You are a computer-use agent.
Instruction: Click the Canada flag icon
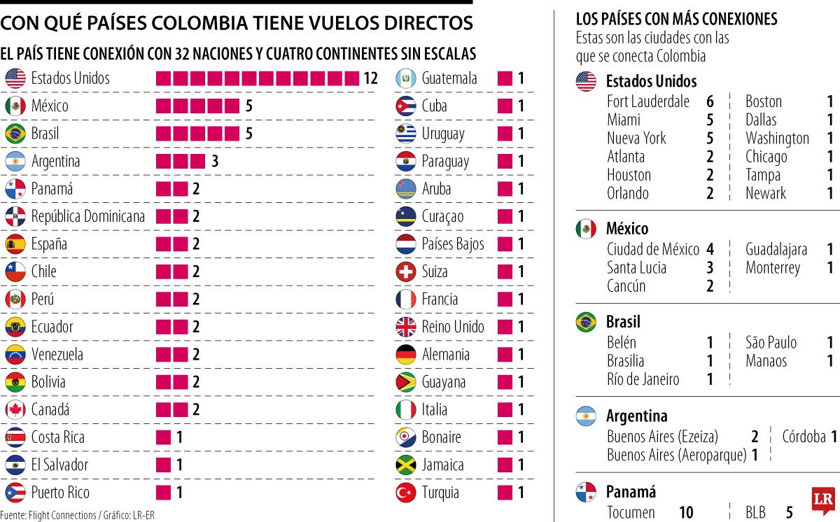15,409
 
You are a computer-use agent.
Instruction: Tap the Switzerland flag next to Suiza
406,271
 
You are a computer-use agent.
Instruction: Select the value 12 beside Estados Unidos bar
371,78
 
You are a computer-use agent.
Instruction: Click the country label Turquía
440,493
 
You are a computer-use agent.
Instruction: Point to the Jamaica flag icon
406,465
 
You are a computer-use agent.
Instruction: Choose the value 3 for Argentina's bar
215,162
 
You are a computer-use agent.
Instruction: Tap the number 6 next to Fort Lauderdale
710,101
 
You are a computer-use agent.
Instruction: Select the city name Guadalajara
776,249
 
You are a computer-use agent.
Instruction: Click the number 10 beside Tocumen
686,513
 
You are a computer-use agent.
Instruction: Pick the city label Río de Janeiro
643,379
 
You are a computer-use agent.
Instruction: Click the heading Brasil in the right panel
623,323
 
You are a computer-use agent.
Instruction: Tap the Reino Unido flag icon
406,327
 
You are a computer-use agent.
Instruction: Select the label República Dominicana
88,216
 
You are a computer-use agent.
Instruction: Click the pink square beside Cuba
505,106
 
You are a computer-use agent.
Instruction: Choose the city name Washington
777,139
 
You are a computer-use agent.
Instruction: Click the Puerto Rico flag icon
15,493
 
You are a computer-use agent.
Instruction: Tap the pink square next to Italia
505,409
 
